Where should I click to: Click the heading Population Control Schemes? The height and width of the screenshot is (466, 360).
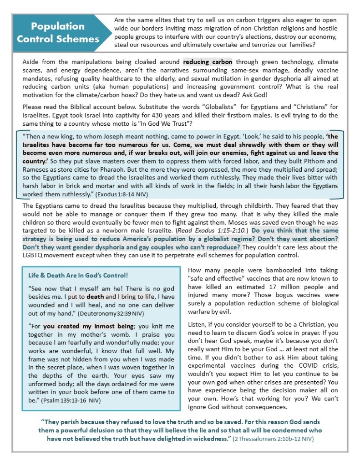pyautogui.click(x=58, y=32)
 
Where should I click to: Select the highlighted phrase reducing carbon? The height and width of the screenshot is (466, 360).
pyautogui.click(x=208, y=62)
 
